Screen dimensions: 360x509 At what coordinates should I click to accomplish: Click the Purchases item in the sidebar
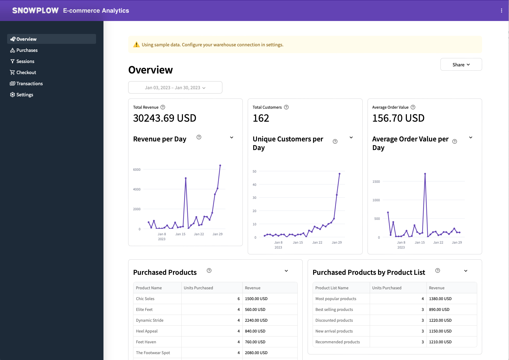(x=27, y=50)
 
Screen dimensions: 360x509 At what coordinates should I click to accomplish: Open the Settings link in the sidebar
(x=24, y=95)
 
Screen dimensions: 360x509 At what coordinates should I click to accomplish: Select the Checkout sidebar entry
(x=26, y=73)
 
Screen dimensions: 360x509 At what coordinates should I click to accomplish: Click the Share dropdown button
(x=461, y=65)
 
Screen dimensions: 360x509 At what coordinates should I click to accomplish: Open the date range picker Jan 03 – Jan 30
(x=175, y=88)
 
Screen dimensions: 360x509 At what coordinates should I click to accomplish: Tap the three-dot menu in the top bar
(x=501, y=10)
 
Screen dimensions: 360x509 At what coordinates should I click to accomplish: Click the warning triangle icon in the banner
(x=136, y=45)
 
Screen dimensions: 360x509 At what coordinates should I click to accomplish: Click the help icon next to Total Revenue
(x=163, y=107)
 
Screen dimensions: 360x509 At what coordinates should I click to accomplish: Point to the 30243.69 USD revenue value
(x=165, y=118)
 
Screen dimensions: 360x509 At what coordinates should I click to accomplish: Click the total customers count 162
(x=261, y=118)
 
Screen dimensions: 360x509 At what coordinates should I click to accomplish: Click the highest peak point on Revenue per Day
(x=220, y=165)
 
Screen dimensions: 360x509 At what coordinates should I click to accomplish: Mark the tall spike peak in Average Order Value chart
(x=425, y=174)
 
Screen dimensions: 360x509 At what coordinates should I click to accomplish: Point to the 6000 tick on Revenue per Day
(x=137, y=170)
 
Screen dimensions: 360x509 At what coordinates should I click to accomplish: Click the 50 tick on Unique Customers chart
(x=254, y=171)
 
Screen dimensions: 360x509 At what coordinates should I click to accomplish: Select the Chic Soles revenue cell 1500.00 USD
(x=256, y=299)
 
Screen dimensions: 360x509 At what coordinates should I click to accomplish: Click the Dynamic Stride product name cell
(x=150, y=320)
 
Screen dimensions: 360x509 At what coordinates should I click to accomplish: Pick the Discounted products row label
(x=334, y=320)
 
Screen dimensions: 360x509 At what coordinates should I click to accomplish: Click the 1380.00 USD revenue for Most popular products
(x=440, y=299)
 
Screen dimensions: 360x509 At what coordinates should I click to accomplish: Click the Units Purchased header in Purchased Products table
(x=198, y=288)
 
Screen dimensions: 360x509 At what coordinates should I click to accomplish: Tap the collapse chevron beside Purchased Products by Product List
(x=466, y=271)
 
